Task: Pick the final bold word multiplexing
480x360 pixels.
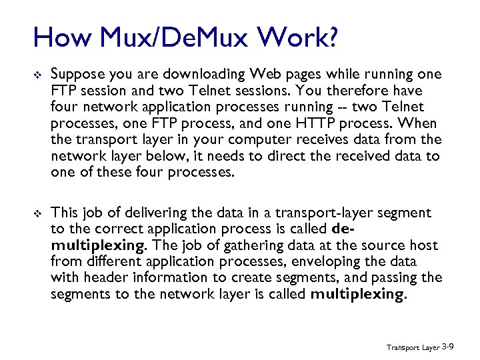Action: [357, 293]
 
